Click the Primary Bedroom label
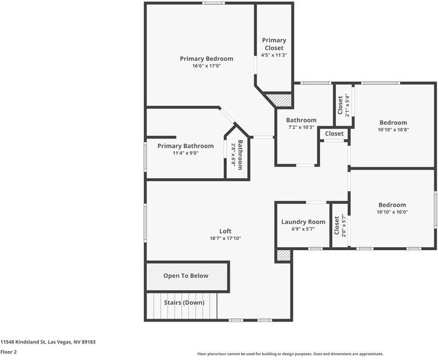tap(206, 58)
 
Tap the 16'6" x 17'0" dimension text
tap(206, 66)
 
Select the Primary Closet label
tap(274, 44)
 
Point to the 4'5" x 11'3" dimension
tap(274, 55)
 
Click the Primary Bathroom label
tap(185, 146)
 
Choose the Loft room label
tap(225, 231)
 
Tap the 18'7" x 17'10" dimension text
tap(225, 238)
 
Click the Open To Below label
tap(186, 276)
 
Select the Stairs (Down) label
tap(184, 302)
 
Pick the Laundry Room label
tap(303, 222)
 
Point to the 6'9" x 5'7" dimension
tap(303, 229)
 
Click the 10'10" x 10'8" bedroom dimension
tap(393, 130)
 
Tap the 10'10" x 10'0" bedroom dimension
tap(392, 212)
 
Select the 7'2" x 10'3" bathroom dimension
tap(301, 127)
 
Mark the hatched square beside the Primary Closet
tap(278, 100)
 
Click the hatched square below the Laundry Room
tap(283, 255)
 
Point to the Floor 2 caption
tap(8, 352)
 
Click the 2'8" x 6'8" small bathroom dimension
tap(233, 155)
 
